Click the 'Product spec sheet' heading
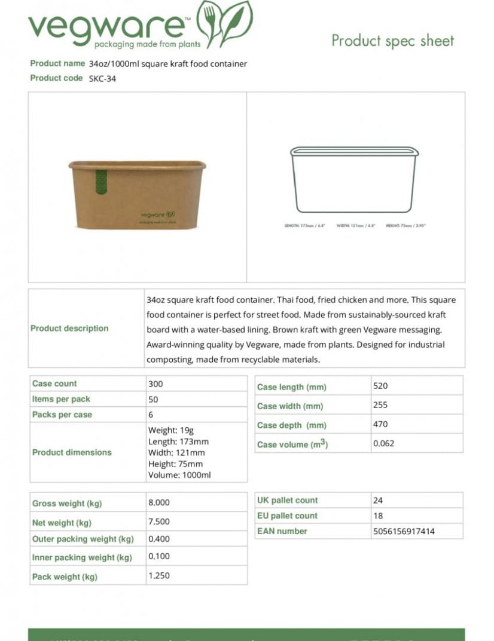[392, 41]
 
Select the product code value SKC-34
[102, 78]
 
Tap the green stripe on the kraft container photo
[101, 182]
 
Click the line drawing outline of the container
[354, 179]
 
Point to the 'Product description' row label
[69, 328]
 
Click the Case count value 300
[155, 384]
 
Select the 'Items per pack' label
[61, 399]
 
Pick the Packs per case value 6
[151, 415]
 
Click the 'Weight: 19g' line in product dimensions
[170, 430]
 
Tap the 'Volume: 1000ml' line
[179, 475]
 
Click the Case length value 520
[380, 386]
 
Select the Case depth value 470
[380, 424]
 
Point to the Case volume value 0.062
[384, 443]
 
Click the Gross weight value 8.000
[159, 502]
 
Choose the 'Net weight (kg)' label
[62, 523]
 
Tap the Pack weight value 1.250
[159, 575]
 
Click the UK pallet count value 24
[378, 500]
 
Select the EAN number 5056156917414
[404, 531]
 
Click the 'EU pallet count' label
[288, 516]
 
